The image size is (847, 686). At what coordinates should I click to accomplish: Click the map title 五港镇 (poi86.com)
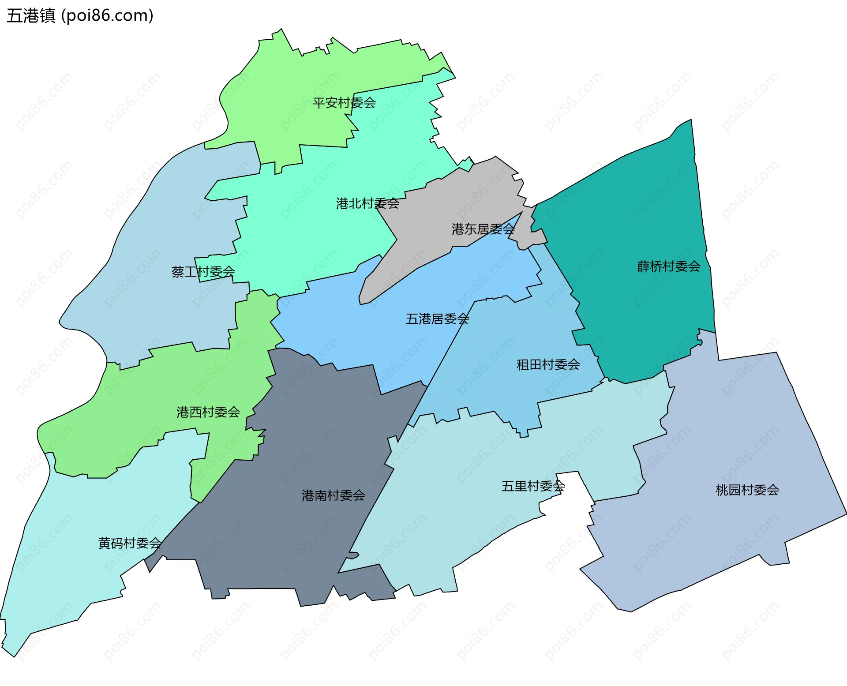80,15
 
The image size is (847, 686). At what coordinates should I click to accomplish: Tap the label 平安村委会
344,103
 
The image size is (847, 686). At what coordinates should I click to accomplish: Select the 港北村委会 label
367,203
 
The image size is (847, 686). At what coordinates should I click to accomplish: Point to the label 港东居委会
483,229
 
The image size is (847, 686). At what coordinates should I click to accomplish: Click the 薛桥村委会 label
669,266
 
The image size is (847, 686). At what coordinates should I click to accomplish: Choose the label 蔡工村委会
203,272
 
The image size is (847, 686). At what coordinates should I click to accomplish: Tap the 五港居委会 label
437,319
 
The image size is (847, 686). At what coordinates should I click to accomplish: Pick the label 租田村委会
548,365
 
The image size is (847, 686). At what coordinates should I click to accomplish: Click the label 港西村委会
208,412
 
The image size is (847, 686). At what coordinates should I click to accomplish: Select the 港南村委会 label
334,495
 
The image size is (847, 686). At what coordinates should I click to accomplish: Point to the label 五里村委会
533,486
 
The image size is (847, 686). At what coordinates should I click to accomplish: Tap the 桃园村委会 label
747,490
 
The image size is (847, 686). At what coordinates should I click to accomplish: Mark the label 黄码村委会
130,543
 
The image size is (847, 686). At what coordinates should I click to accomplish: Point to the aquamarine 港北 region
309,229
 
